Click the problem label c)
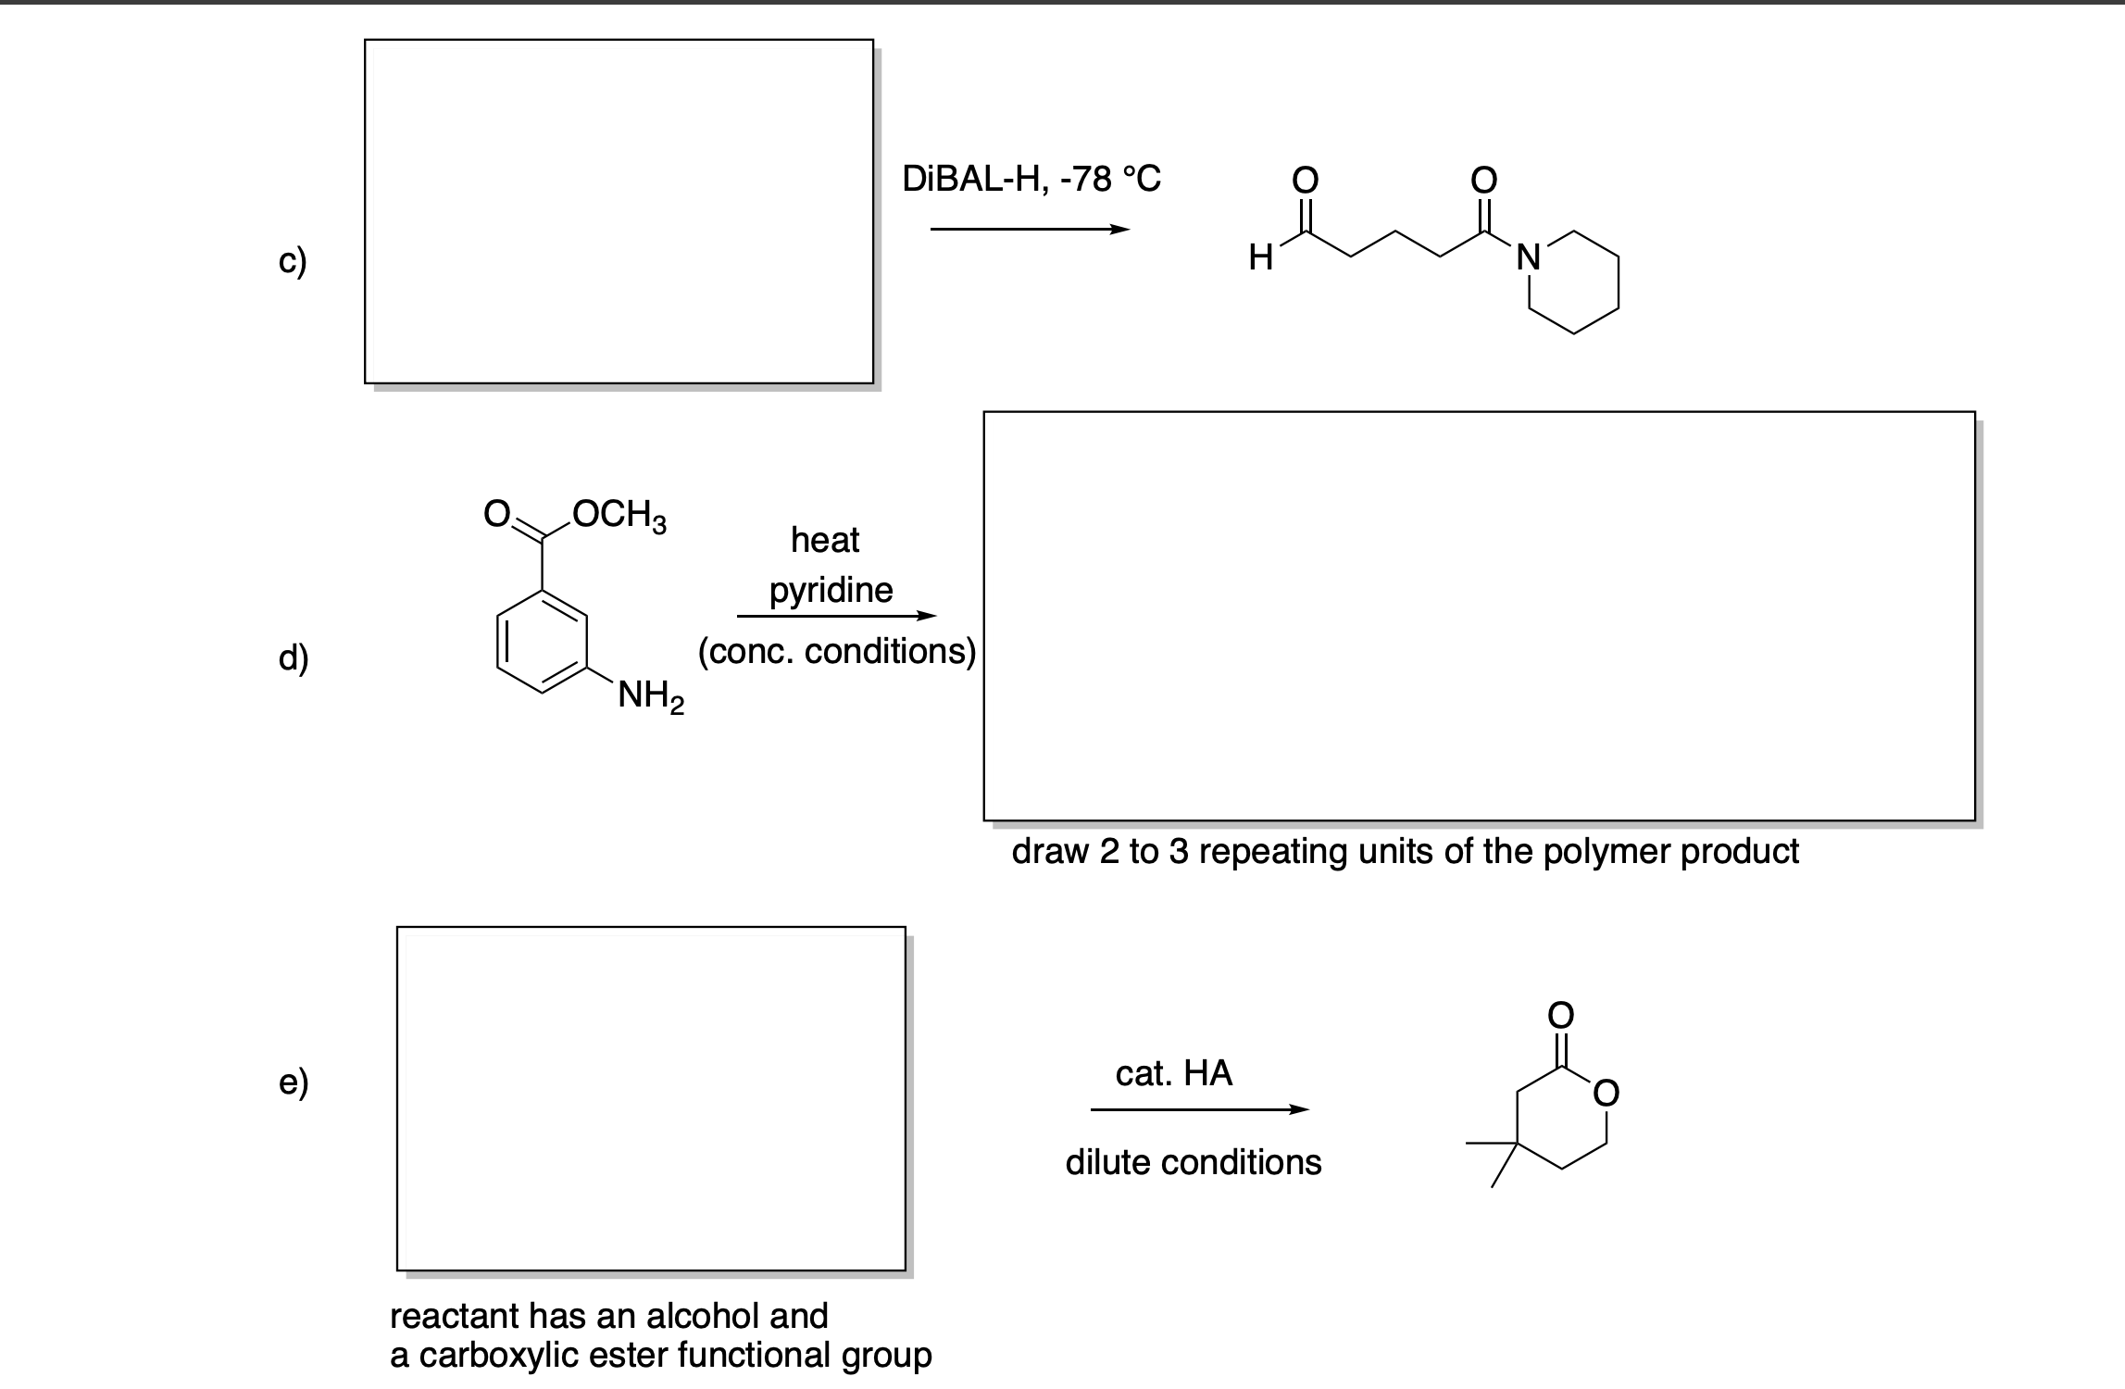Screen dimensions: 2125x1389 pos(293,262)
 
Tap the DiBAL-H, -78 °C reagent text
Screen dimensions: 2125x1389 pos(1031,178)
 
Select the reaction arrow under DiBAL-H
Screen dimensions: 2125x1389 pos(1030,230)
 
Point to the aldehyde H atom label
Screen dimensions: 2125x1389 pos(1260,258)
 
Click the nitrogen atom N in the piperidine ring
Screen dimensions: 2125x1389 pos(1528,257)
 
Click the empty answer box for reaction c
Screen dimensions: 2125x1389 pos(619,211)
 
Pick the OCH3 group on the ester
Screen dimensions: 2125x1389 pos(619,514)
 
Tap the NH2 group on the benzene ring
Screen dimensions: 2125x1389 pos(651,695)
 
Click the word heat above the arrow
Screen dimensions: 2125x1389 pos(825,539)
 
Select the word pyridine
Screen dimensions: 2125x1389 pos(831,590)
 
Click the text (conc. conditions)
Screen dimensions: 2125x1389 pos(837,652)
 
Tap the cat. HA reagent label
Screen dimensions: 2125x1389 pos(1173,1073)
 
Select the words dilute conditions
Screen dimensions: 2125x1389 pos(1193,1162)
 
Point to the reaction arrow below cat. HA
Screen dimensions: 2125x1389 pos(1199,1109)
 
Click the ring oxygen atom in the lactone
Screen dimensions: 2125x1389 pos(1606,1094)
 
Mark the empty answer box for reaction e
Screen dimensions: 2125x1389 pos(651,1098)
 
